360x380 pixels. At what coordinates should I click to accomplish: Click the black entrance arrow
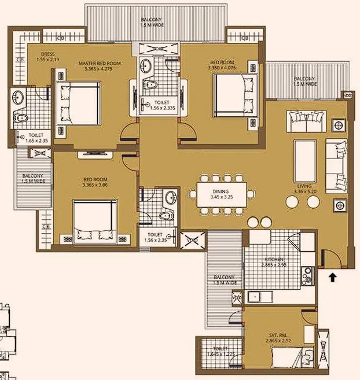(x=333, y=278)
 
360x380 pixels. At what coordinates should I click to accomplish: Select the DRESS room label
(x=47, y=54)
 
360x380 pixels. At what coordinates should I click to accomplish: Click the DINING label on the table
(x=221, y=191)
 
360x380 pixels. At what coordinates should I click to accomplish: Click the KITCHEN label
(x=275, y=260)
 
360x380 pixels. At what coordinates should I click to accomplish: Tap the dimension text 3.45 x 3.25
(x=221, y=197)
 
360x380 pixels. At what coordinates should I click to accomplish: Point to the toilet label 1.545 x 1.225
(x=221, y=354)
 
